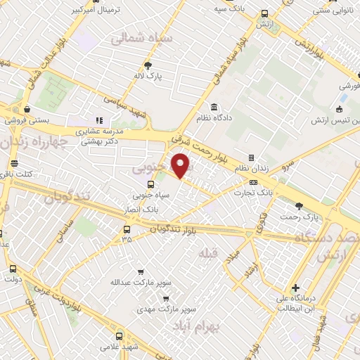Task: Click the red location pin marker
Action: (x=181, y=166)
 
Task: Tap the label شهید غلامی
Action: (x=120, y=347)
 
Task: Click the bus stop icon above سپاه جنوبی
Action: (x=150, y=184)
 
